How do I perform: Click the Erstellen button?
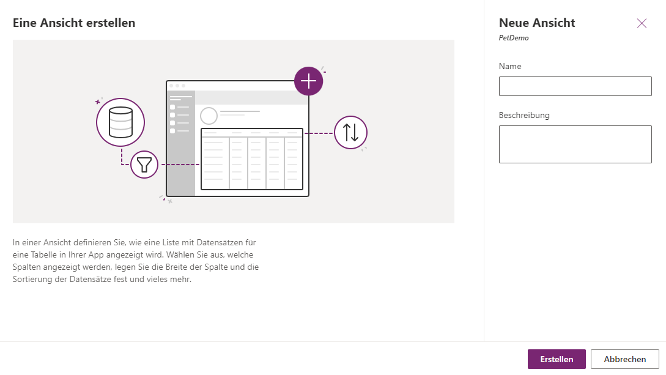(x=557, y=359)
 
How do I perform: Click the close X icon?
(x=642, y=23)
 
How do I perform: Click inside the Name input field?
(x=575, y=86)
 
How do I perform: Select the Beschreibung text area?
(x=575, y=144)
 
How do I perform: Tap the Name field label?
(x=510, y=66)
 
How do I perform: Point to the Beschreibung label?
(x=524, y=115)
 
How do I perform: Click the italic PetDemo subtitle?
(x=514, y=38)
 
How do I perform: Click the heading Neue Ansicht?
(x=537, y=23)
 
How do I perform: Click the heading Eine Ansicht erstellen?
(x=74, y=23)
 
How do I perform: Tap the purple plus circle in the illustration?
(x=308, y=81)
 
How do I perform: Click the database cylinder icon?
(x=120, y=122)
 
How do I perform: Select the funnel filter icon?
(x=144, y=165)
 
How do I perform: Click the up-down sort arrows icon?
(x=350, y=133)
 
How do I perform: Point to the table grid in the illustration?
(x=252, y=159)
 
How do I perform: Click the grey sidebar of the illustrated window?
(x=181, y=143)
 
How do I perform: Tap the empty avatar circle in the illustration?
(x=209, y=116)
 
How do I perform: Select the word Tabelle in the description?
(x=42, y=255)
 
